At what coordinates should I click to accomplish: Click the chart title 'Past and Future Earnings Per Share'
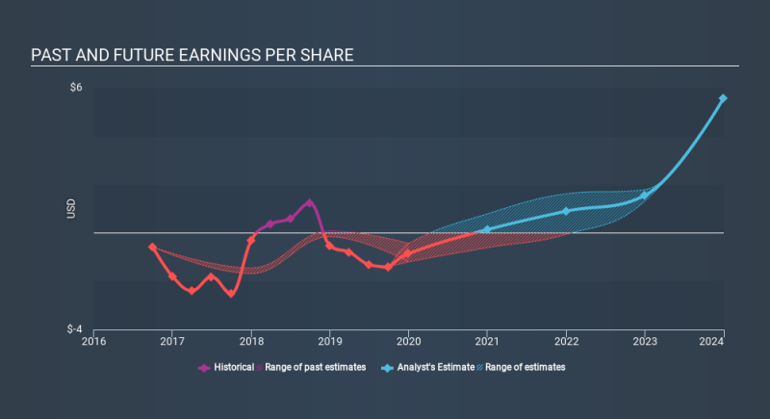coord(192,54)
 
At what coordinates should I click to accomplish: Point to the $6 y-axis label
coord(76,88)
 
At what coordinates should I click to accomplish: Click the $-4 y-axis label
coord(74,328)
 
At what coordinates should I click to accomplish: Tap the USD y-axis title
coord(71,208)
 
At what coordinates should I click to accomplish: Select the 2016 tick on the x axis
coord(94,340)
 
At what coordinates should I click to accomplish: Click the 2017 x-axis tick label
coord(172,340)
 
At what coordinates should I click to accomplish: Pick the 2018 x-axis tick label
coord(251,340)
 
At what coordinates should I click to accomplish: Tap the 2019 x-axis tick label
coord(330,340)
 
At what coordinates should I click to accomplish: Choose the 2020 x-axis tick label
coord(409,340)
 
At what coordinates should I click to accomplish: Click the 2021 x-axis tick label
coord(487,340)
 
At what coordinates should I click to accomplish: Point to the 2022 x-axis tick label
coord(566,340)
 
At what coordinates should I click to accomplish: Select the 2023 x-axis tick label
coord(645,340)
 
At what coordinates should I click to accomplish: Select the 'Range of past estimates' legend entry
coord(315,367)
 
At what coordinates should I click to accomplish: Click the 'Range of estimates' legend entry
coord(524,367)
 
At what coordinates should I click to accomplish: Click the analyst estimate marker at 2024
coord(723,98)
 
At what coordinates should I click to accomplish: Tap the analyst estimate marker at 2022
coord(566,211)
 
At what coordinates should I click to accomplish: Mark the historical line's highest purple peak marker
coord(309,202)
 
